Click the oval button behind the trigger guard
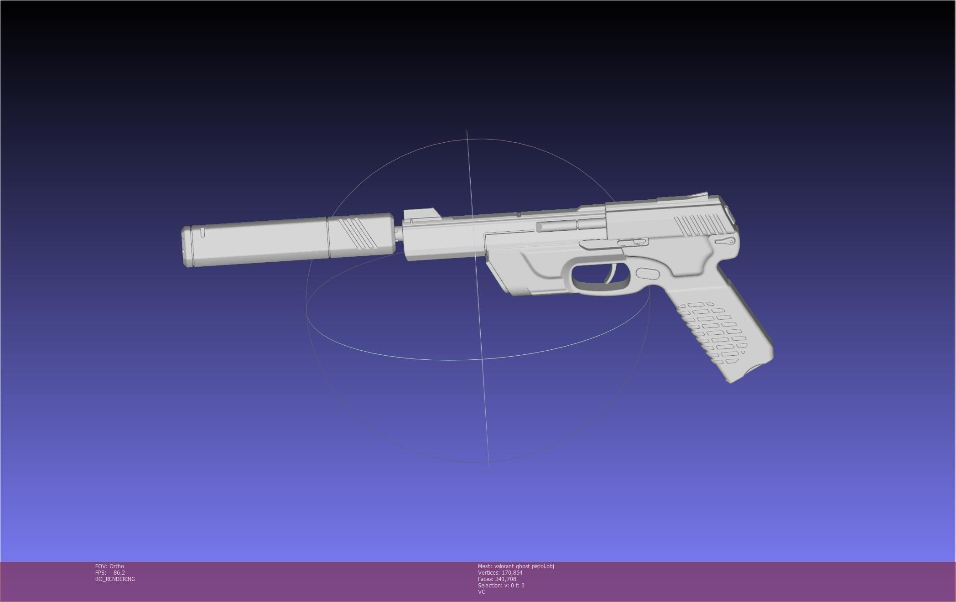(x=648, y=274)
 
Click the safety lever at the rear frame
(x=725, y=241)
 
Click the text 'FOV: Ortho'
(x=109, y=566)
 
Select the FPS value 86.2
(x=119, y=573)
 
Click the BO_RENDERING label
(x=115, y=579)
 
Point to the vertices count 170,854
(x=512, y=573)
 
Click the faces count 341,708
(x=505, y=579)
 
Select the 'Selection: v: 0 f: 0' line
(x=501, y=586)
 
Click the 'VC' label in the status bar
(x=482, y=592)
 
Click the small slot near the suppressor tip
(x=203, y=233)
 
